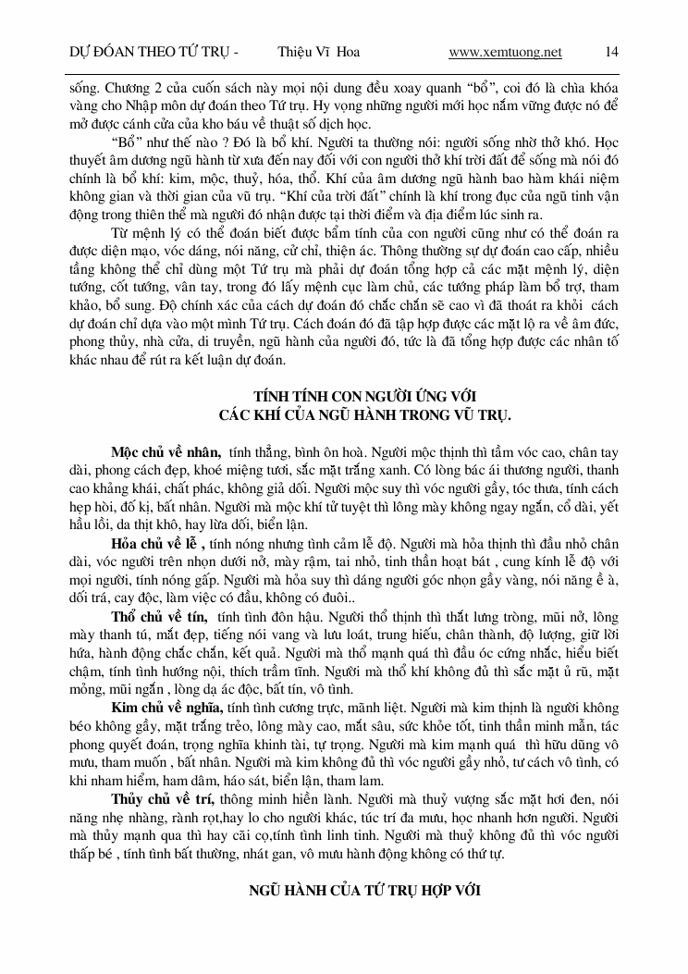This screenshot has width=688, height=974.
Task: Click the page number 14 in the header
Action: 611,53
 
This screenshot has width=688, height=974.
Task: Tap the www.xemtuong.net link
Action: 505,53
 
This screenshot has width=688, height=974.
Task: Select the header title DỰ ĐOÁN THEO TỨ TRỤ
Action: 154,53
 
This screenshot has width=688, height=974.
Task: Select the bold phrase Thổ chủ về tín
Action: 161,617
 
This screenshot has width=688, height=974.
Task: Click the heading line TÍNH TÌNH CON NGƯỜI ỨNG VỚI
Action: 365,395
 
